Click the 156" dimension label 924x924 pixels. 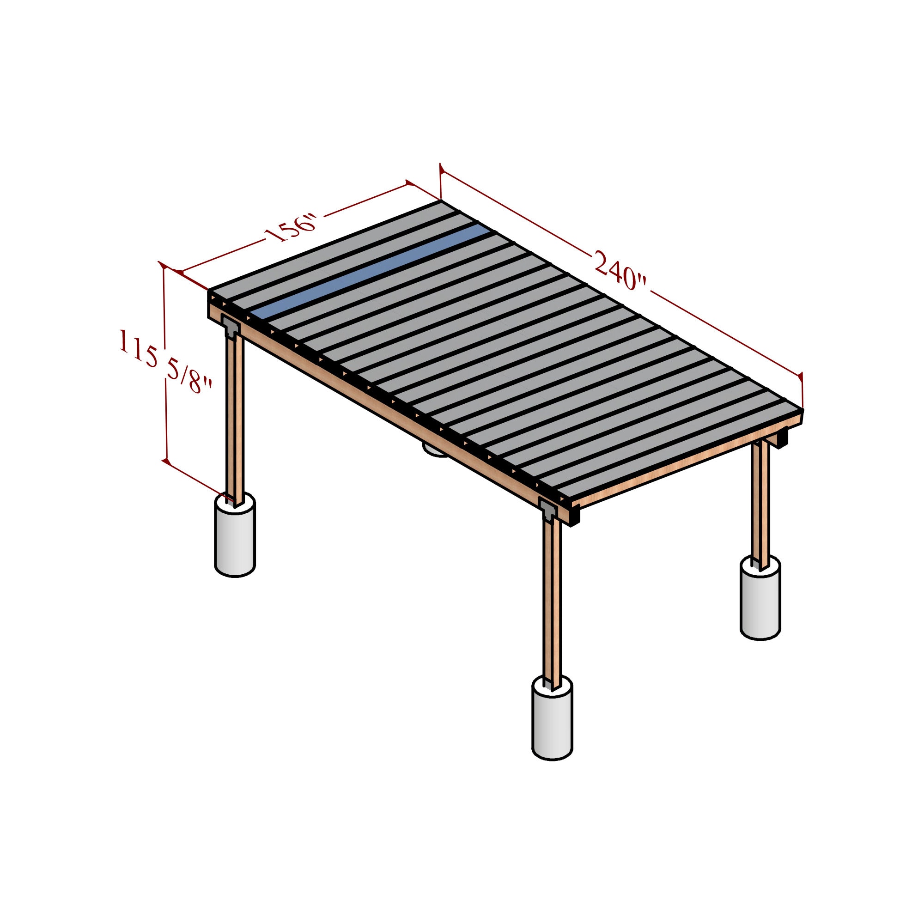pos(291,229)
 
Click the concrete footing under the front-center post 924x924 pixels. pos(552,717)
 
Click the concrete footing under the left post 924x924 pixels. pos(234,538)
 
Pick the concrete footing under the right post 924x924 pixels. pos(760,602)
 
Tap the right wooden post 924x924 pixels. pos(760,502)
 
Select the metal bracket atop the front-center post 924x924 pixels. pos(548,509)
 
